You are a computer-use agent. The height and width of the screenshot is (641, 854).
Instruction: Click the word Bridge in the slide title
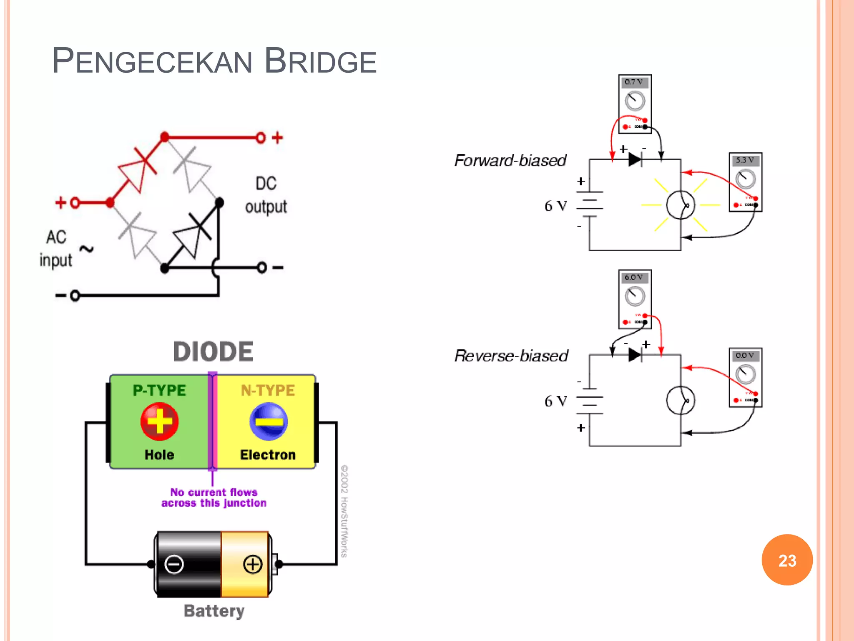pos(320,61)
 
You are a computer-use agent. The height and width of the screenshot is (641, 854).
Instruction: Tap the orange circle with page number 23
pos(787,560)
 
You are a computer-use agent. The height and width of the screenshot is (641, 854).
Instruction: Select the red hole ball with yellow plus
pos(159,421)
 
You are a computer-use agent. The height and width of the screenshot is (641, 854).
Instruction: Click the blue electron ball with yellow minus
pos(269,421)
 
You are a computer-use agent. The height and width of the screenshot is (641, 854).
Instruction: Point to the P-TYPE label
pos(159,390)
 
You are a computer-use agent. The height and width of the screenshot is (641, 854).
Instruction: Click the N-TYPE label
pos(268,390)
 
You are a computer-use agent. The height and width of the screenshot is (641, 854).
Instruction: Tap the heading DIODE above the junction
pos(213,351)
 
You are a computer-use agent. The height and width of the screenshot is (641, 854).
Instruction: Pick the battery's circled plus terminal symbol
pos(253,564)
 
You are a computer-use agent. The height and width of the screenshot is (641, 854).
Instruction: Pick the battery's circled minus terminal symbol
pos(174,564)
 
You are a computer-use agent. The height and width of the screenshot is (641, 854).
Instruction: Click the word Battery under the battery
pos(214,611)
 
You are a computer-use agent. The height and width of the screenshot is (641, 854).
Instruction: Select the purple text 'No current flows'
pos(213,492)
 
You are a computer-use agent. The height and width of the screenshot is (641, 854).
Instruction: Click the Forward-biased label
pos(510,160)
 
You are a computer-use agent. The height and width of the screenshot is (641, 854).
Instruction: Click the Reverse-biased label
pos(511,356)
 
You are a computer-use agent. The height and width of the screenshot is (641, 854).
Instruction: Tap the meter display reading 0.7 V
pos(634,82)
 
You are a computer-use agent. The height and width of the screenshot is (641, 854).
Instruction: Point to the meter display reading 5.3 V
pos(745,160)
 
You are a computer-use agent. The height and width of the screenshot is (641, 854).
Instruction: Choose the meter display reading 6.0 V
pos(634,278)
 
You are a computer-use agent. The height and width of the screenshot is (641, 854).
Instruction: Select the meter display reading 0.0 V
pos(745,356)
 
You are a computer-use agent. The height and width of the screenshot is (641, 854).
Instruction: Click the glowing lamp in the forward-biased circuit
pos(680,205)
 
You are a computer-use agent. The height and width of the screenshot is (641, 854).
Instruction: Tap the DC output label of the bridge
pos(266,195)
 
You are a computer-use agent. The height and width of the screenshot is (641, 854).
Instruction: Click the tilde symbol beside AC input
pos(86,249)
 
